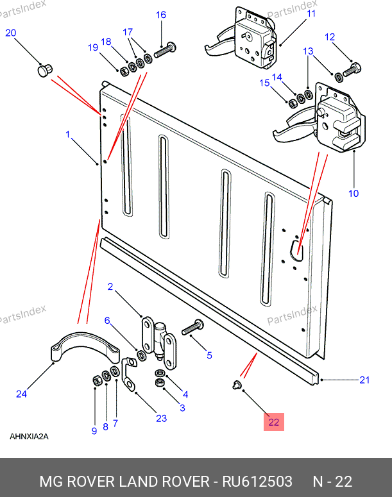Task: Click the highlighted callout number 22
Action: click(x=274, y=422)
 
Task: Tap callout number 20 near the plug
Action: click(x=11, y=33)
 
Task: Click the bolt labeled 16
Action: click(x=165, y=49)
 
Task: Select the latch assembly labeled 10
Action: click(x=340, y=119)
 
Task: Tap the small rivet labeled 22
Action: click(x=236, y=385)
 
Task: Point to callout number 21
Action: click(x=364, y=380)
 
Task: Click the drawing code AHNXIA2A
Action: click(x=29, y=437)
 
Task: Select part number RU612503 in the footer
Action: click(x=257, y=481)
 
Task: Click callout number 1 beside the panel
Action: click(x=67, y=134)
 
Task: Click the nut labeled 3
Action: click(x=160, y=383)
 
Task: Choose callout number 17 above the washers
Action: click(x=128, y=31)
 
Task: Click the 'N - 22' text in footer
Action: click(x=332, y=481)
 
